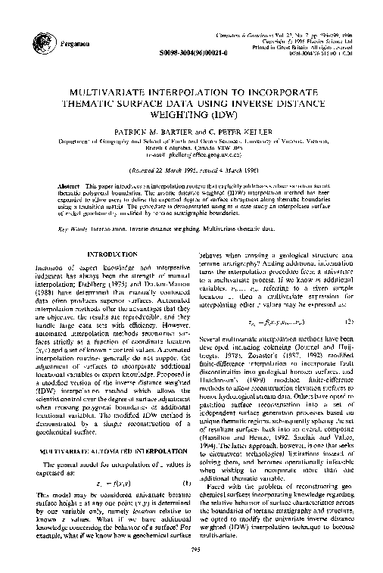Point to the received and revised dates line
pos(192,148)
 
